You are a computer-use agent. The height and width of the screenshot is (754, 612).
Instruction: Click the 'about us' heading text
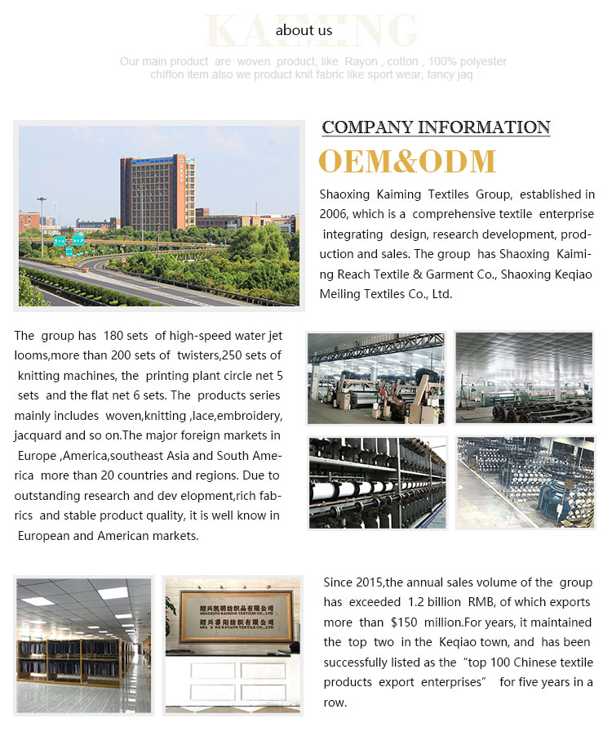(x=304, y=30)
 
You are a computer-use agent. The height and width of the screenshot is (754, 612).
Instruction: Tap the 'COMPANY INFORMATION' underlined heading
(x=436, y=127)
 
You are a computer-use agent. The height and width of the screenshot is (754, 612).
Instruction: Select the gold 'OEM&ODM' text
(x=406, y=161)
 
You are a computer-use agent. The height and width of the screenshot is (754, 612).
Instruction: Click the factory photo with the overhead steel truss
(x=376, y=377)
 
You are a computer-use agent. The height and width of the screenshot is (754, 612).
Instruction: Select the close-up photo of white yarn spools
(x=377, y=482)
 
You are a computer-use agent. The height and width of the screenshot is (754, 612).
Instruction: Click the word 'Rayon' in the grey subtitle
(x=360, y=62)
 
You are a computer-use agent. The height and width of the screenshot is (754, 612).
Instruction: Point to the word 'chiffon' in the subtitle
(x=169, y=75)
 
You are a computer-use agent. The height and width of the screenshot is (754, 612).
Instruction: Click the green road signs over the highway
(x=69, y=239)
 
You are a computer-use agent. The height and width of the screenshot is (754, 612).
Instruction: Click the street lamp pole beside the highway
(x=41, y=225)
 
